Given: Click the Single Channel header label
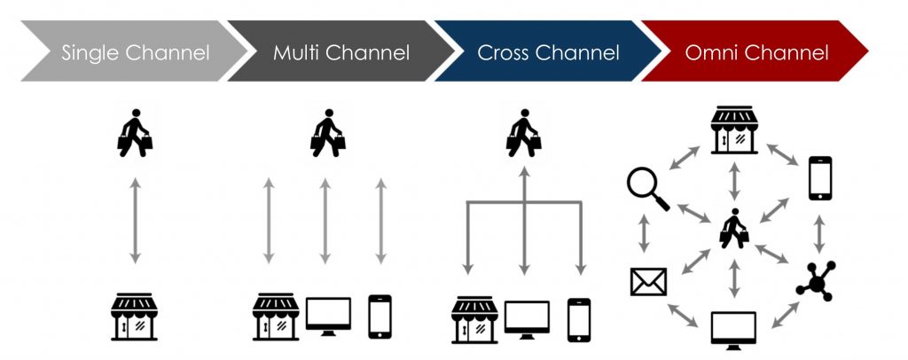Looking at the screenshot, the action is [x=136, y=52].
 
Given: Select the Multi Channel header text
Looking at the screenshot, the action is [x=341, y=52].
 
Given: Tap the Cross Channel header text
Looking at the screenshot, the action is [x=548, y=52].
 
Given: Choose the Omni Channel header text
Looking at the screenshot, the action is [x=757, y=52].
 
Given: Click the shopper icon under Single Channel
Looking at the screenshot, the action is [x=135, y=132].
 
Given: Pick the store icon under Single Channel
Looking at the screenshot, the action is [x=135, y=317].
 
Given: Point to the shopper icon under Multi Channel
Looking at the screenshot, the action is [x=328, y=132].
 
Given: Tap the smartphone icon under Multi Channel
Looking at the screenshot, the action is [x=380, y=317].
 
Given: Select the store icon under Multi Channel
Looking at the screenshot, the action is [x=276, y=317].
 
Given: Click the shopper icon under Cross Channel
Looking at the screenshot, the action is [x=524, y=132].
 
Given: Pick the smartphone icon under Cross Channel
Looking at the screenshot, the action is [x=579, y=320].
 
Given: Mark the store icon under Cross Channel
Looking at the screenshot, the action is [x=475, y=320].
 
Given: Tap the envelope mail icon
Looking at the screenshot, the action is [x=648, y=282].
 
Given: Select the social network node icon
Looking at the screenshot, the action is [x=817, y=282].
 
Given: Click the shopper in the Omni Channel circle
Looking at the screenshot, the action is [x=734, y=229].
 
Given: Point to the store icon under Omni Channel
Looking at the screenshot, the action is [x=734, y=129].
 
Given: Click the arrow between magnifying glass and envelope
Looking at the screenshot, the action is [x=644, y=233].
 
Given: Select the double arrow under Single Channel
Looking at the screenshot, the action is [x=135, y=221].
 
